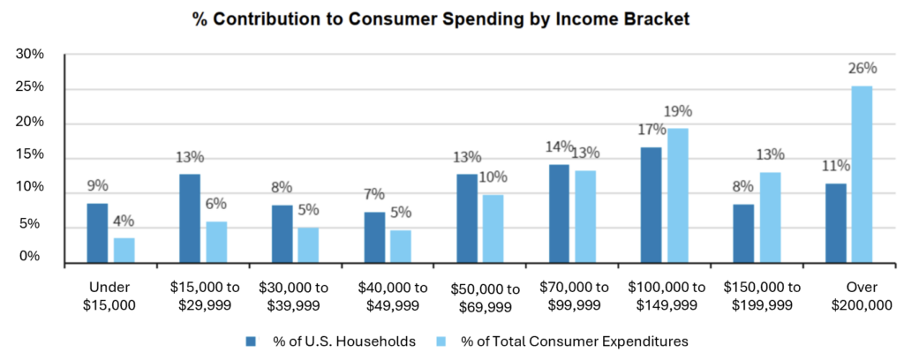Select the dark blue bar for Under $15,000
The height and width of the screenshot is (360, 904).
[97, 233]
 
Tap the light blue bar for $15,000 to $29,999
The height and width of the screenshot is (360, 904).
[217, 242]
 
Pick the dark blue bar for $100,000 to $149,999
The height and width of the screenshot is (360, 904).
[652, 205]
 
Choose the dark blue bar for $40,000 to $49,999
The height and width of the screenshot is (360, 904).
[374, 237]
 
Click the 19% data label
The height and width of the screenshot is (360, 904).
[679, 111]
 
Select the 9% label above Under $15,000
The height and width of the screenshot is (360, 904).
[97, 185]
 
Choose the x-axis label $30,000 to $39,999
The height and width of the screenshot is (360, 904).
[294, 296]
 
